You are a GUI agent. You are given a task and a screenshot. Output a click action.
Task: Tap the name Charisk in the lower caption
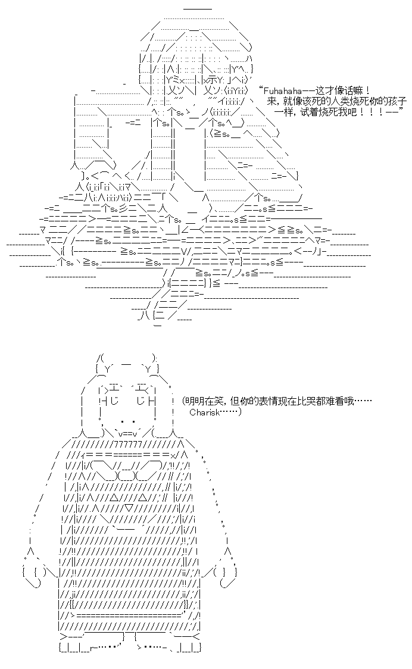pyautogui.click(x=204, y=412)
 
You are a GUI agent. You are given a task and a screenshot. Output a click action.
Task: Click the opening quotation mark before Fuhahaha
pyautogui.click(x=260, y=89)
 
